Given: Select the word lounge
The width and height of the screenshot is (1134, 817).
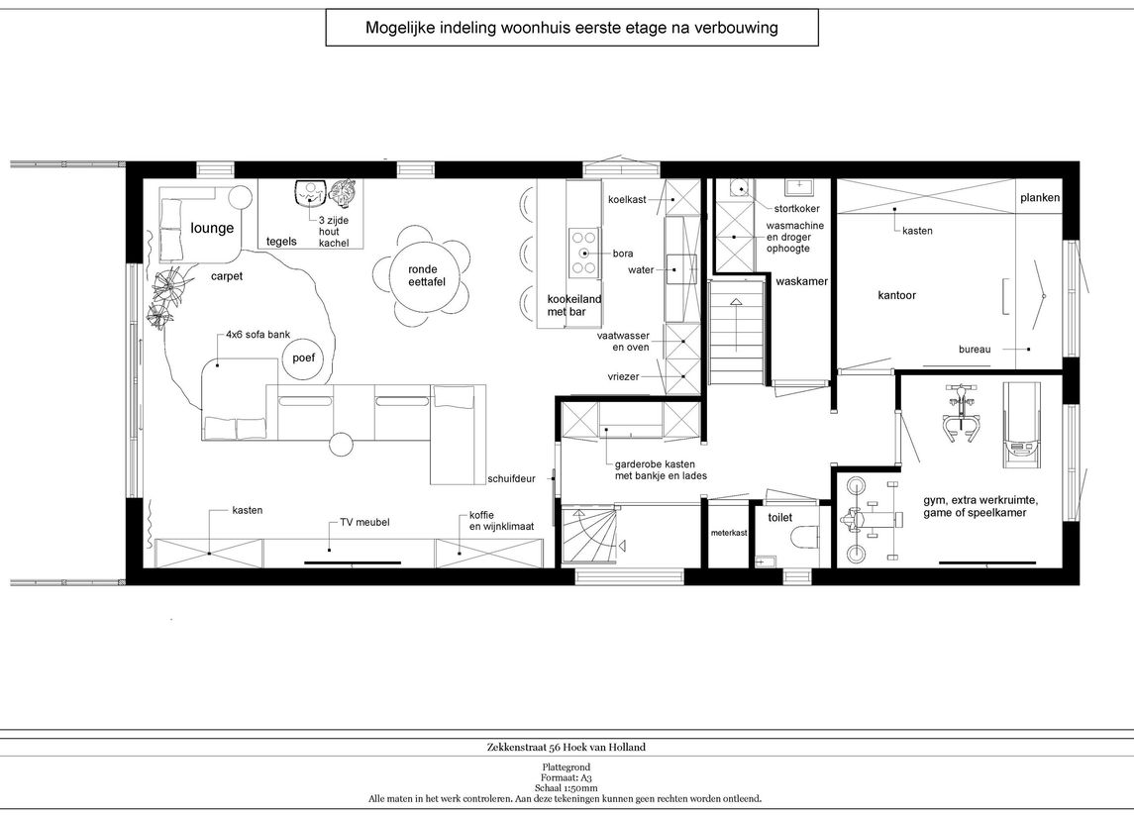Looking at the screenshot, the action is pyautogui.click(x=212, y=228).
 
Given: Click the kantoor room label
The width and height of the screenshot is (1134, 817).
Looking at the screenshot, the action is pyautogui.click(x=896, y=295).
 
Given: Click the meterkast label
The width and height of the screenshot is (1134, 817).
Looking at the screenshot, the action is pyautogui.click(x=728, y=533).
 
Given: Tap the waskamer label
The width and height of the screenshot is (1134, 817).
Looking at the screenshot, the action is pyautogui.click(x=801, y=281).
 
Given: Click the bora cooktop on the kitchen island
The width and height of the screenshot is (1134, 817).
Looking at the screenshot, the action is pyautogui.click(x=583, y=254).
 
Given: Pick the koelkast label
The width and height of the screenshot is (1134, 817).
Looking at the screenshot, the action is pyautogui.click(x=627, y=200).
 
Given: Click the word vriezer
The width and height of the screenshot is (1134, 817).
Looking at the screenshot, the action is pyautogui.click(x=623, y=376).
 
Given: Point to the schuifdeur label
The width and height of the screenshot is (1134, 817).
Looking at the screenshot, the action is pyautogui.click(x=511, y=478).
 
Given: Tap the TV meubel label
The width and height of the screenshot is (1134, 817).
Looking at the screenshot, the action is pyautogui.click(x=364, y=522).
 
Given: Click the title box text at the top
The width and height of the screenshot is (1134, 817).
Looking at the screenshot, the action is pyautogui.click(x=571, y=28).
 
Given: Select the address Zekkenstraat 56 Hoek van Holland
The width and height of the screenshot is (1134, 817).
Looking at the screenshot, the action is pyautogui.click(x=567, y=747).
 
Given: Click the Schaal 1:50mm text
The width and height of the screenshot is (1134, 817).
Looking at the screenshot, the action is pyautogui.click(x=567, y=788).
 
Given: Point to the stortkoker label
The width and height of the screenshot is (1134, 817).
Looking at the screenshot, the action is pyautogui.click(x=797, y=208).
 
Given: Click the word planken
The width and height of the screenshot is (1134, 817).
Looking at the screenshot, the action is pyautogui.click(x=1040, y=197).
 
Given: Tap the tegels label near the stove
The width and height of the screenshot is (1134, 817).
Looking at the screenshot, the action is pyautogui.click(x=281, y=242).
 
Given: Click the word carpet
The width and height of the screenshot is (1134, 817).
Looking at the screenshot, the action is pyautogui.click(x=227, y=276).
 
